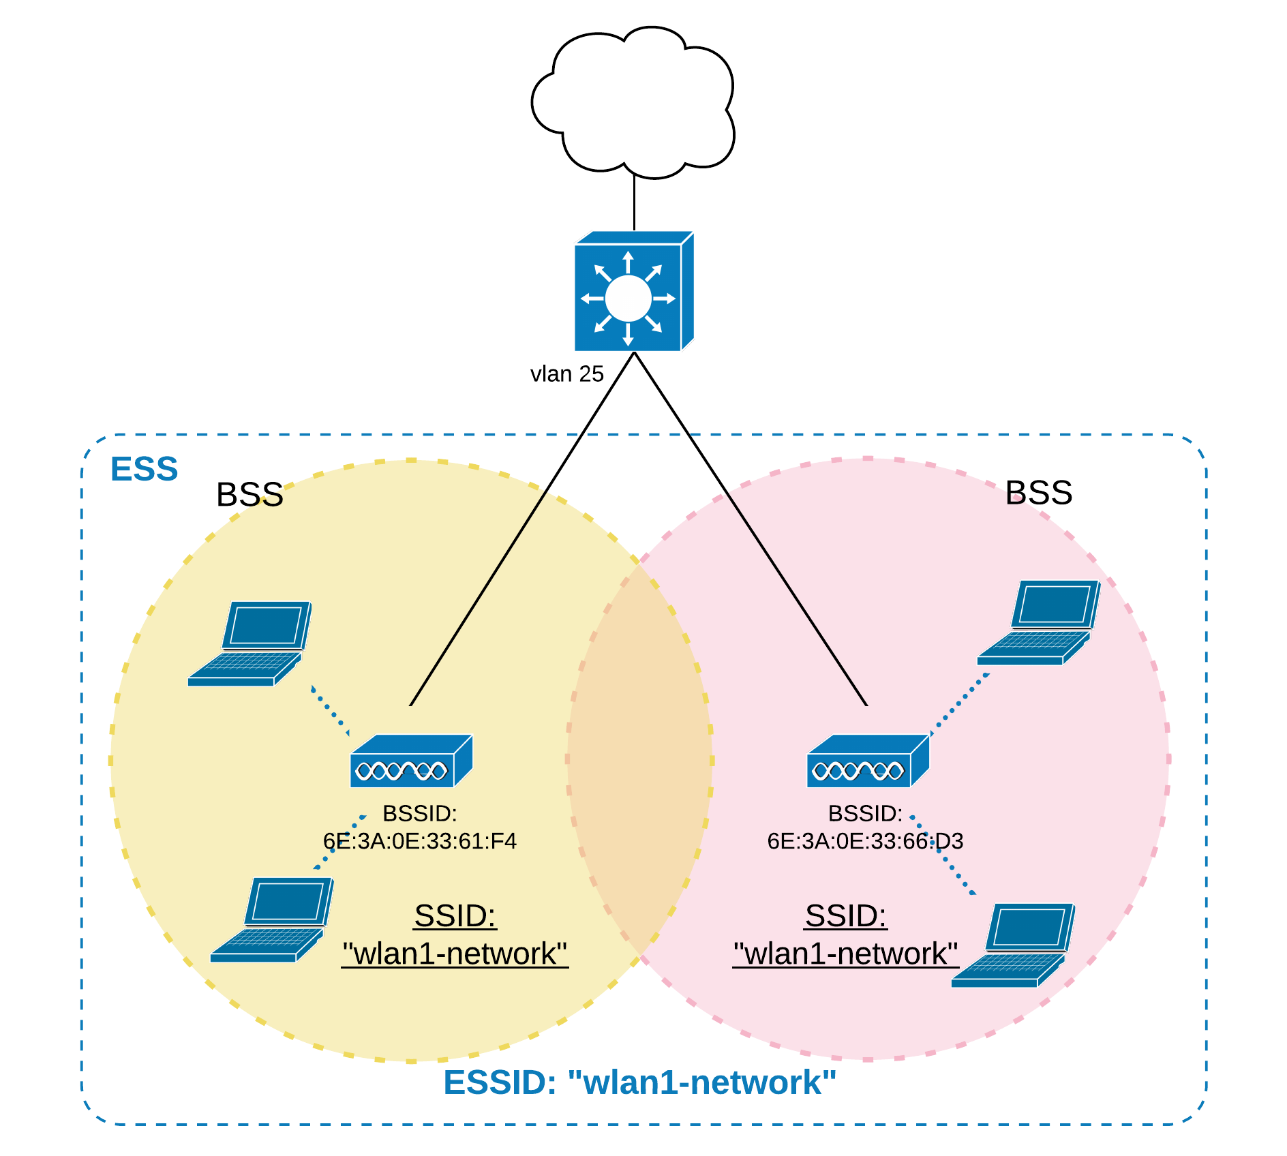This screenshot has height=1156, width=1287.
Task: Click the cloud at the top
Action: pyautogui.click(x=633, y=102)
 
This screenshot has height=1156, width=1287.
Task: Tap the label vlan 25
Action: pyautogui.click(x=567, y=374)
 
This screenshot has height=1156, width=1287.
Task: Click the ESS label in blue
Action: pyautogui.click(x=144, y=470)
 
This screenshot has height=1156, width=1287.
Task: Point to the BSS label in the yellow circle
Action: pyautogui.click(x=249, y=495)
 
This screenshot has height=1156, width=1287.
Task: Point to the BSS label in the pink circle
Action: pyautogui.click(x=1038, y=493)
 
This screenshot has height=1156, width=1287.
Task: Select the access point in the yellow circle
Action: pyautogui.click(x=411, y=762)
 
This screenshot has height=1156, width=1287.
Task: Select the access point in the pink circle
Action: pyautogui.click(x=867, y=762)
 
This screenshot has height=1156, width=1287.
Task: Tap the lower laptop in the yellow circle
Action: pyautogui.click(x=272, y=919)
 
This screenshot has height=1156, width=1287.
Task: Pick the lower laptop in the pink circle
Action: pyautogui.click(x=1013, y=945)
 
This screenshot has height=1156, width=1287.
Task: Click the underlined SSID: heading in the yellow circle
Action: pyautogui.click(x=455, y=916)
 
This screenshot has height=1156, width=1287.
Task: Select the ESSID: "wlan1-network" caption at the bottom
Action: pyautogui.click(x=639, y=1083)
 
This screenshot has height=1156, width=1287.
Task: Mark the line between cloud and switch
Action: pyautogui.click(x=634, y=203)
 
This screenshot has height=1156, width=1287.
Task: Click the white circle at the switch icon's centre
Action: pyautogui.click(x=628, y=299)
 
